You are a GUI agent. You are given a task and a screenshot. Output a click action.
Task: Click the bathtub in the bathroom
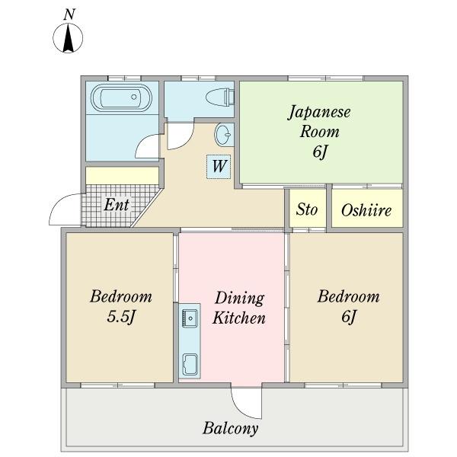pyautogui.click(x=121, y=98)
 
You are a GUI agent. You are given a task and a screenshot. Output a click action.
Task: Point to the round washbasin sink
pyautogui.click(x=225, y=136)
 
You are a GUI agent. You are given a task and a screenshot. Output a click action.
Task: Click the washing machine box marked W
pyautogui.click(x=219, y=166)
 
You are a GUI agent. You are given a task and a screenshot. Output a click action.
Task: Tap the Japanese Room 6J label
pyautogui.click(x=319, y=131)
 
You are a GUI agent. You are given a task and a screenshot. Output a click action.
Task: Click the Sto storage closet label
pyautogui.click(x=306, y=209)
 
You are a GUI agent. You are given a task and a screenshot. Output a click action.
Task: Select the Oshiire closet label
pyautogui.click(x=366, y=209)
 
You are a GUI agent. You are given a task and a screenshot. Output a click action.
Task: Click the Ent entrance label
pyautogui.click(x=117, y=205)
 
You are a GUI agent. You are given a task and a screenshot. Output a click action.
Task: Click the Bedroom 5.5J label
pyautogui.click(x=120, y=305)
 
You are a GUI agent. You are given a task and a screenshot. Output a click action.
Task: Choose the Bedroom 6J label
pyautogui.click(x=348, y=305)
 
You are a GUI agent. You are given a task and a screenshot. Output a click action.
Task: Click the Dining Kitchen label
pyautogui.click(x=238, y=308)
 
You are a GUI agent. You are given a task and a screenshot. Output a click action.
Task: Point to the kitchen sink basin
pyautogui.click(x=189, y=318)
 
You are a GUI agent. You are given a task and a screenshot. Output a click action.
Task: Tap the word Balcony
pyautogui.click(x=230, y=428)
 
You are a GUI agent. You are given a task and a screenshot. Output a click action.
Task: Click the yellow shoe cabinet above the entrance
pyautogui.click(x=122, y=176)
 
